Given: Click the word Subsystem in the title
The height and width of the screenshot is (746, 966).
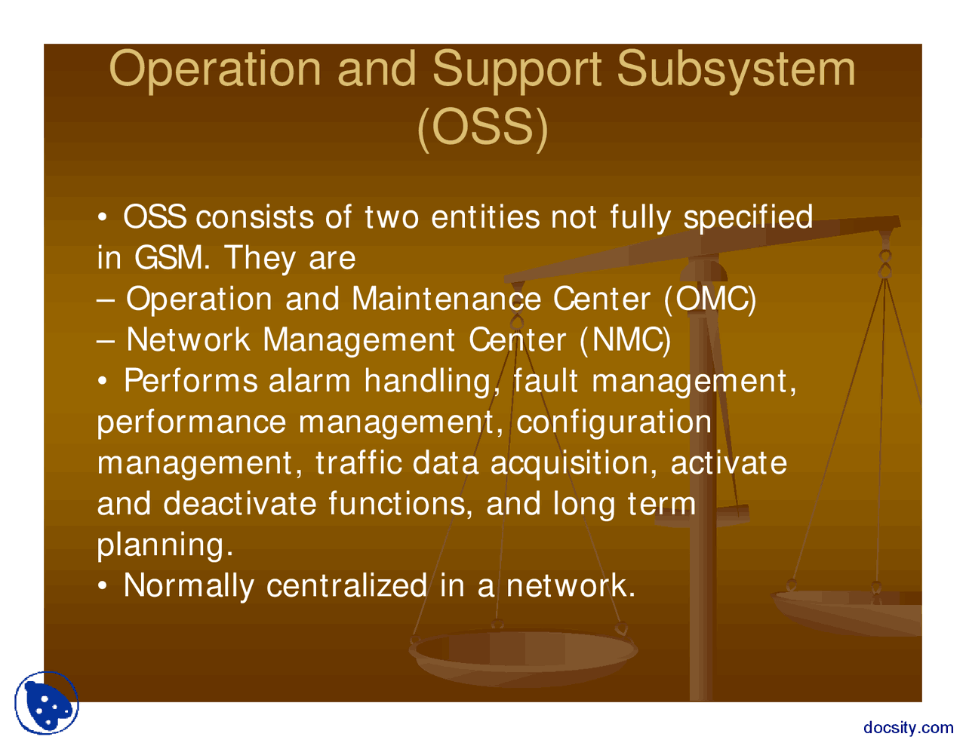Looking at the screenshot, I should pyautogui.click(x=736, y=69).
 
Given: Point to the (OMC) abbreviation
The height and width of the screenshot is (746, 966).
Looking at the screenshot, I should pyautogui.click(x=710, y=299).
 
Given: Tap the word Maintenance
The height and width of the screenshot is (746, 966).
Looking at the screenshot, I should pyautogui.click(x=446, y=299).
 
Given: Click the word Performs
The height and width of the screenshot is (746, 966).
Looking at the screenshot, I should pyautogui.click(x=190, y=381).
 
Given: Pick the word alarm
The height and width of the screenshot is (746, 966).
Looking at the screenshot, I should pyautogui.click(x=309, y=381).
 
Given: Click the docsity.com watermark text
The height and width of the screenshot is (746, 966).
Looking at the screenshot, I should pyautogui.click(x=908, y=728).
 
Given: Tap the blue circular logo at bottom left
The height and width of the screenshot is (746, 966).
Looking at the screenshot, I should pyautogui.click(x=47, y=703).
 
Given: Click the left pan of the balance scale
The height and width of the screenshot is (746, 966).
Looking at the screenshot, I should pyautogui.click(x=523, y=654).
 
